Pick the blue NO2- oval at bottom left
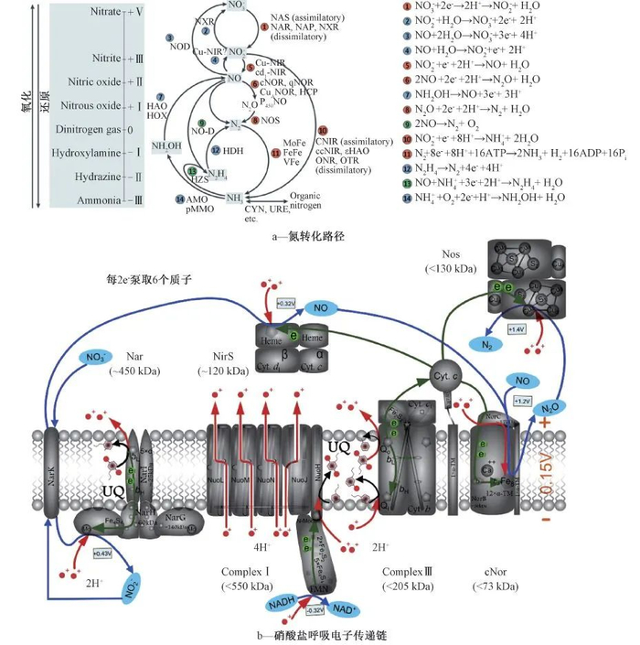click(129, 583)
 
